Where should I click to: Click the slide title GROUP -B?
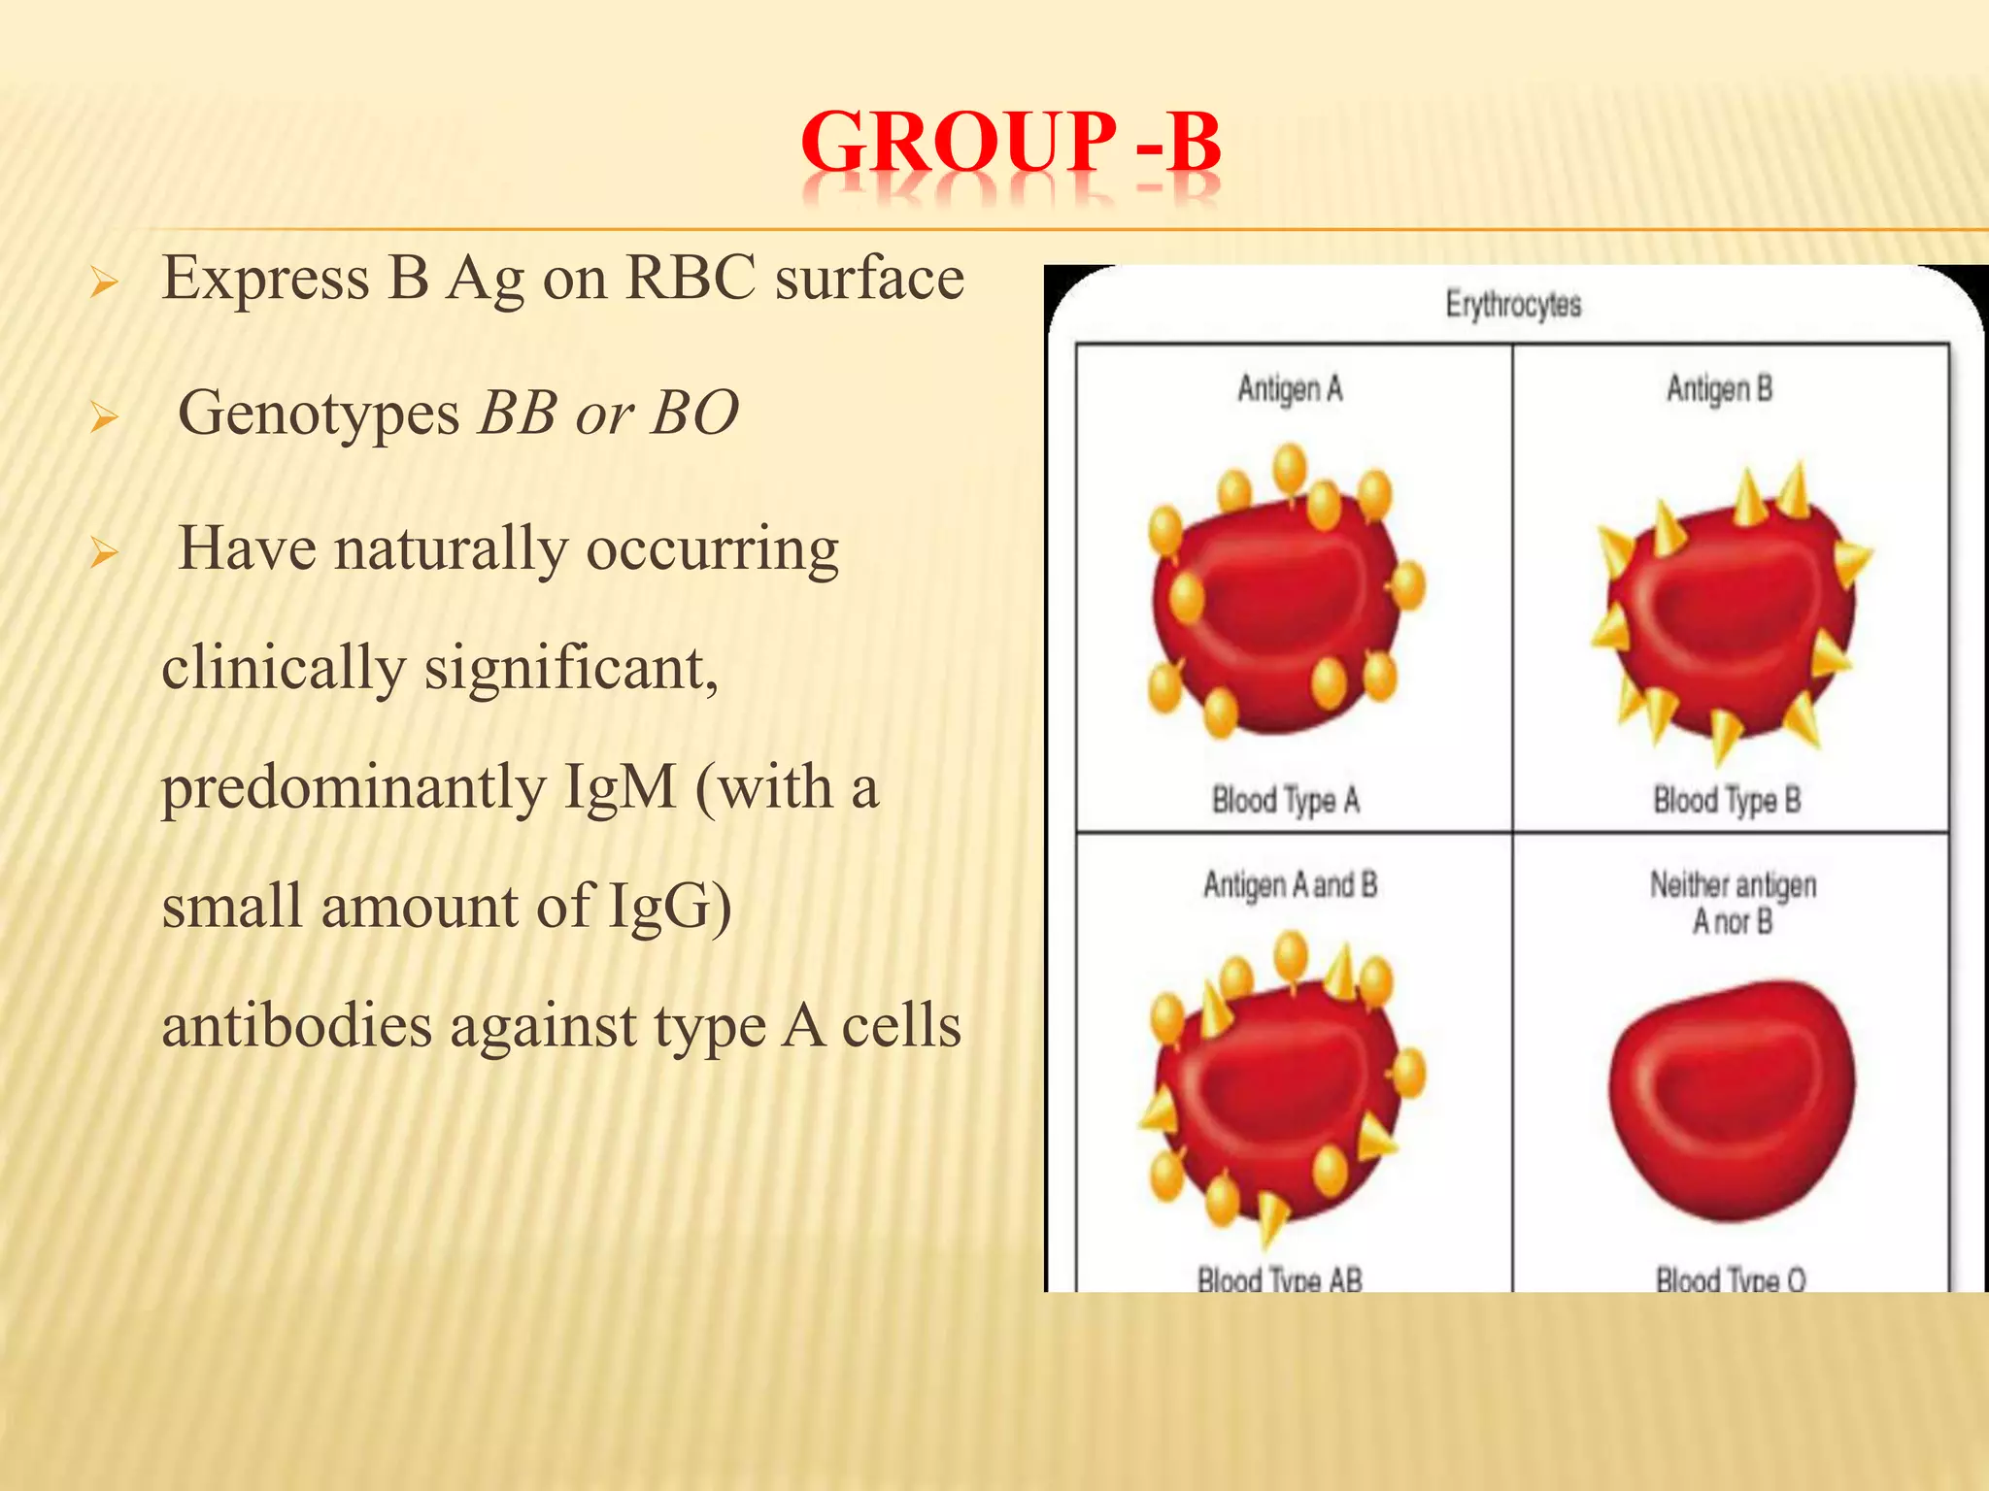[x=1010, y=144]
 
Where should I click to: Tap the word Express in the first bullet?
[x=265, y=279]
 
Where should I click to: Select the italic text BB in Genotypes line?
[x=517, y=414]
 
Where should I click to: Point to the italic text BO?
[x=694, y=414]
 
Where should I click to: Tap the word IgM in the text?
[x=620, y=786]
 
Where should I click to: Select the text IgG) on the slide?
[x=669, y=906]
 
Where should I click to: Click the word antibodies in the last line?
[x=296, y=1026]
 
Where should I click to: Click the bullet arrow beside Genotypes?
[x=103, y=418]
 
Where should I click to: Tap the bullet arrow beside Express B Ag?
[x=103, y=284]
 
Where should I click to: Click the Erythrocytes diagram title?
[x=1513, y=305]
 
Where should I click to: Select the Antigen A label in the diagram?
[x=1290, y=389]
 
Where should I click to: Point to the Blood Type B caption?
[x=1727, y=801]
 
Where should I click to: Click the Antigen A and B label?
[x=1290, y=885]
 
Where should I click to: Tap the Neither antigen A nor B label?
[x=1733, y=903]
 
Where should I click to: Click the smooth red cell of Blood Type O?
[x=1731, y=1097]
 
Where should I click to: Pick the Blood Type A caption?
[x=1285, y=801]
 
